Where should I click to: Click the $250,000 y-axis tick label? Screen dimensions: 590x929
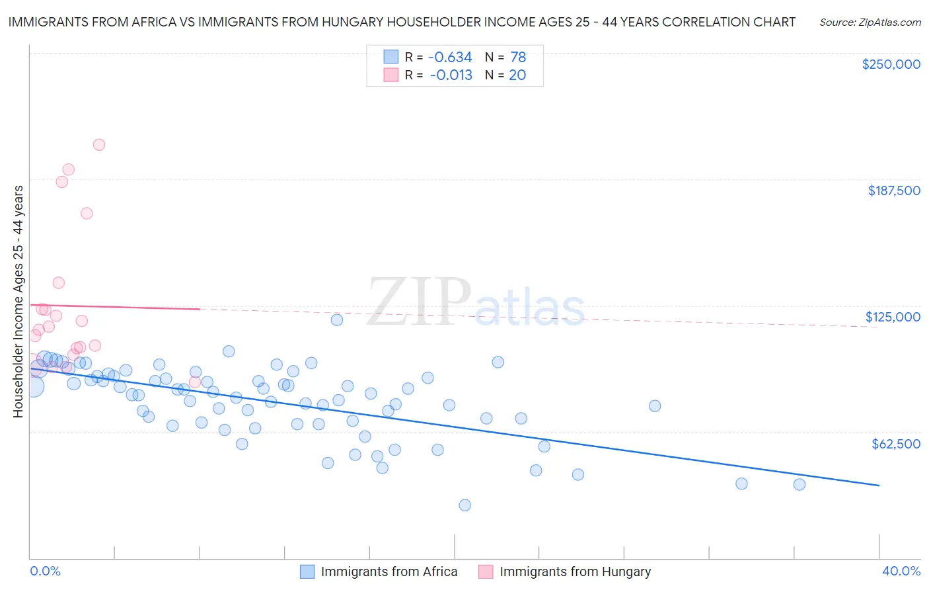point(891,64)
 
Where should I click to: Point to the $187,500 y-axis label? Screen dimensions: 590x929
point(893,190)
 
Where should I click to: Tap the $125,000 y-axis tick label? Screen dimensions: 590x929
point(893,317)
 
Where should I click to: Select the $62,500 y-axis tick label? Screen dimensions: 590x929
point(895,444)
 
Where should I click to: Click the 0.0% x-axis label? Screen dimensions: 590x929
point(46,571)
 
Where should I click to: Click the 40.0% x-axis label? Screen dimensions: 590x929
point(901,571)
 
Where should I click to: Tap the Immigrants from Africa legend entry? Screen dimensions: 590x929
point(389,571)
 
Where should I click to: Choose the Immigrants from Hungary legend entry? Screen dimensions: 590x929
point(575,571)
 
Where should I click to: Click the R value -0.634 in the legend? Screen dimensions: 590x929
point(451,58)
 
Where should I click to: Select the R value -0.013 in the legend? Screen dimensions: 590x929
point(451,75)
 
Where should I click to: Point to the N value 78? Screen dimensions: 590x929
point(518,58)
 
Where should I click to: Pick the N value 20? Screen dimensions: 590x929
point(517,75)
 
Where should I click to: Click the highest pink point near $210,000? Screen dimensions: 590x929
point(99,145)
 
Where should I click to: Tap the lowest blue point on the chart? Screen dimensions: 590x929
point(465,505)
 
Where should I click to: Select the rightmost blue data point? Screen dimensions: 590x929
point(799,485)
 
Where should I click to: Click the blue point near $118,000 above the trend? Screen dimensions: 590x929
point(337,320)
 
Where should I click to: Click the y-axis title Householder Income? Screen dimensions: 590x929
point(18,301)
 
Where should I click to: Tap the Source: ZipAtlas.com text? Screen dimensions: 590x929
point(870,22)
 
